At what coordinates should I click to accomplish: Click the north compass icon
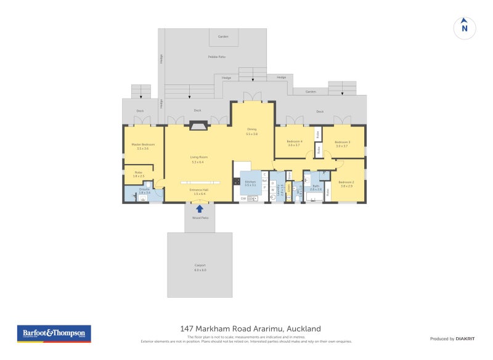tap(465, 27)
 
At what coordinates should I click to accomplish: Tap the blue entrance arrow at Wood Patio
tap(199, 209)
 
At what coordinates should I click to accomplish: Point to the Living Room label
tap(197, 158)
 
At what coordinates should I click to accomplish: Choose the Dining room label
tap(251, 131)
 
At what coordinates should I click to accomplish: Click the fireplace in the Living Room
tap(198, 126)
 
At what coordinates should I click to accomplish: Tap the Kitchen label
tap(250, 182)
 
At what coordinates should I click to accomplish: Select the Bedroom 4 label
tap(293, 143)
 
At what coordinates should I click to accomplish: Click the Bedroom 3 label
tap(342, 143)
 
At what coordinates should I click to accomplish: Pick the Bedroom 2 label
tap(346, 183)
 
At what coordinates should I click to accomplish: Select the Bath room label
tap(316, 187)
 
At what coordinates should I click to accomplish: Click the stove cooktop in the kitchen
tap(236, 181)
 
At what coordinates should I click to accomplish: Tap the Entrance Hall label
tap(198, 191)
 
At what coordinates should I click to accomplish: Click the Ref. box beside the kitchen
tap(264, 181)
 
